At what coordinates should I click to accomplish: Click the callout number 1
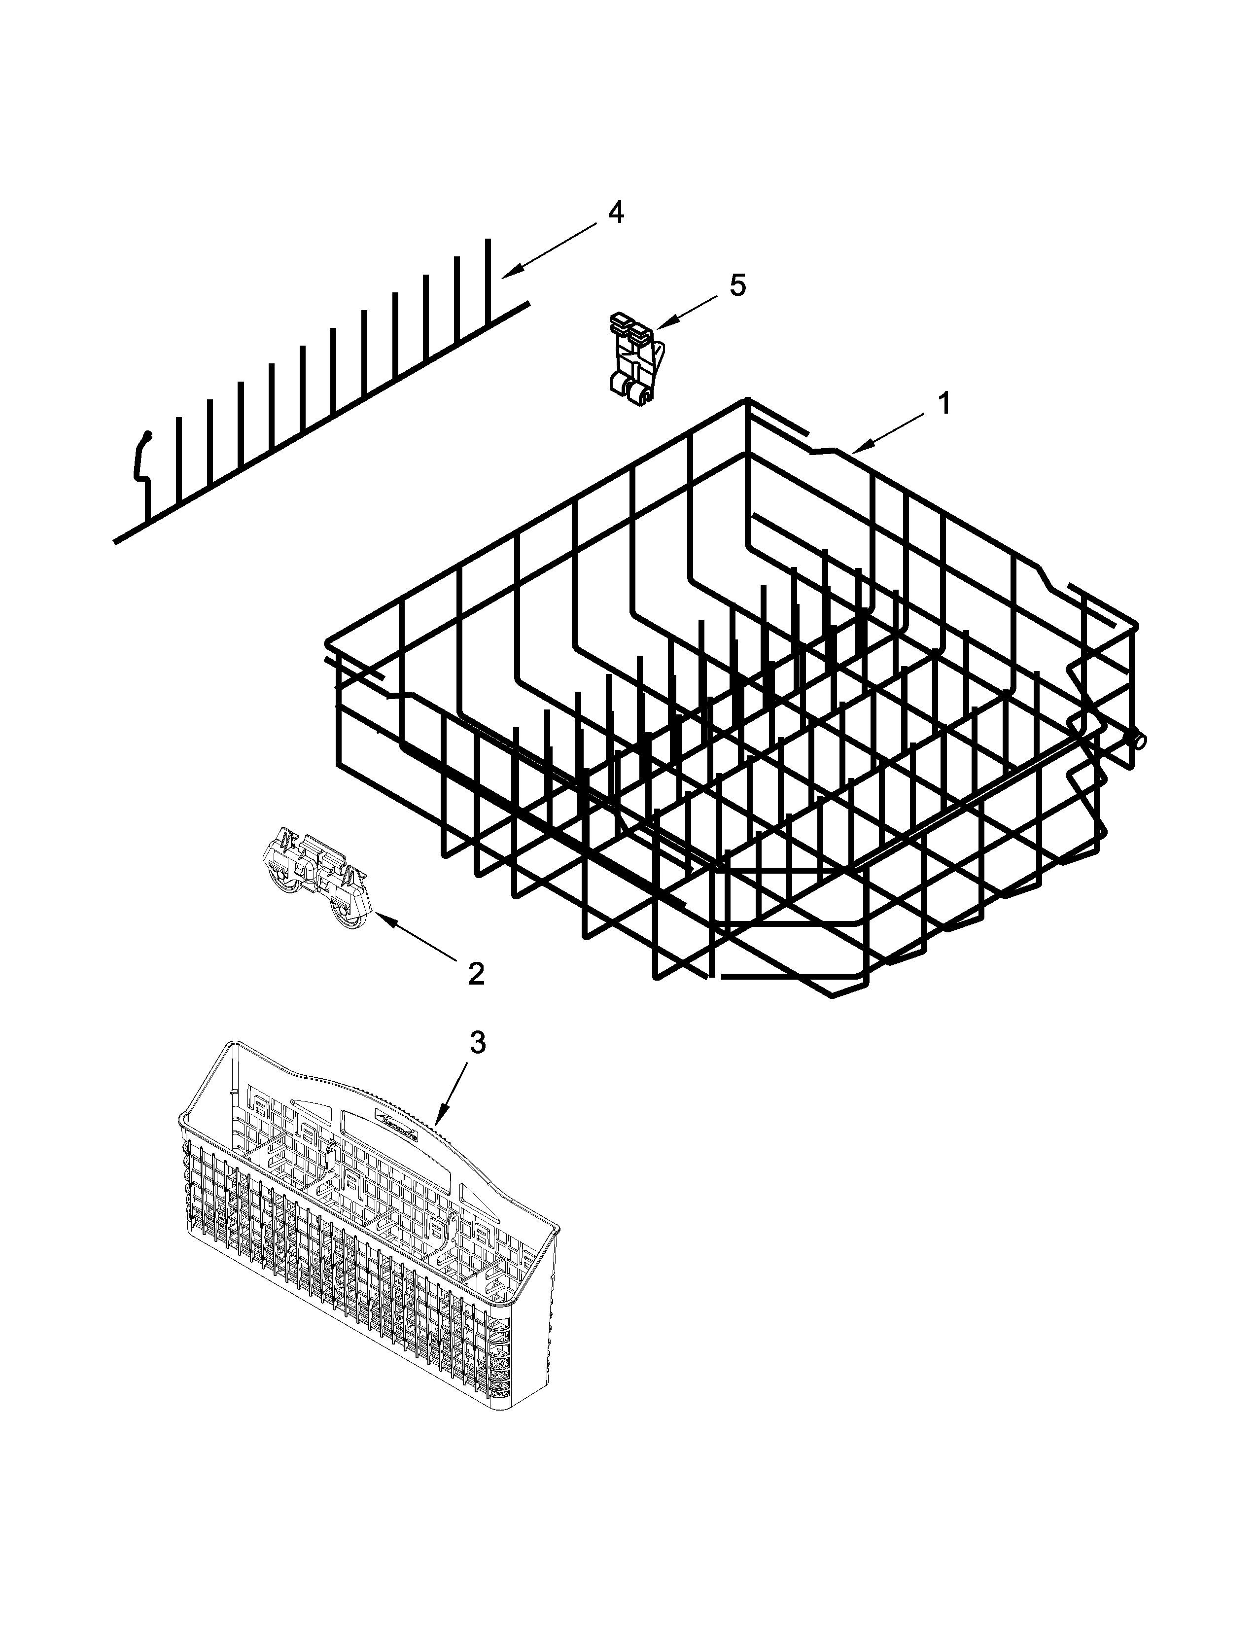[943, 404]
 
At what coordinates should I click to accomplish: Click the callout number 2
[476, 973]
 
